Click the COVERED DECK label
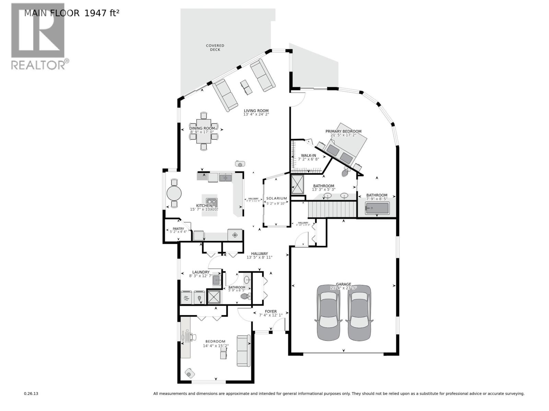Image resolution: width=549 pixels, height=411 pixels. [x=215, y=48]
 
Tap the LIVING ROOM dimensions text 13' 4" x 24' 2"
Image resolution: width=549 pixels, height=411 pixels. [x=256, y=114]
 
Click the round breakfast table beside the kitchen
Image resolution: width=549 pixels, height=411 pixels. [x=174, y=194]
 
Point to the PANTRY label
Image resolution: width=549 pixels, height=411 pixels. [x=178, y=228]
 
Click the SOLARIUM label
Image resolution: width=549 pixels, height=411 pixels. [x=277, y=198]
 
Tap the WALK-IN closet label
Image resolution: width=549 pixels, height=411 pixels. [x=308, y=155]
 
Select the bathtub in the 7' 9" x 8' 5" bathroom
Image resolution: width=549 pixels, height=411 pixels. [x=377, y=208]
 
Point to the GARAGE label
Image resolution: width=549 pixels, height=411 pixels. [x=343, y=284]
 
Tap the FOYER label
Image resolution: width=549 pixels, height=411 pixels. [x=271, y=312]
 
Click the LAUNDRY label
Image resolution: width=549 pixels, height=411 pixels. [x=201, y=272]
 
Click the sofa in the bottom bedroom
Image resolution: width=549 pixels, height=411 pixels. [x=244, y=351]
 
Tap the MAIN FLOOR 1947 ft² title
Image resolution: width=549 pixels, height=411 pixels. [x=72, y=13]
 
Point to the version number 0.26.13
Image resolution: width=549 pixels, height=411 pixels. [x=31, y=394]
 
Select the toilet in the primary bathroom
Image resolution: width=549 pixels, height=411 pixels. [x=346, y=172]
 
